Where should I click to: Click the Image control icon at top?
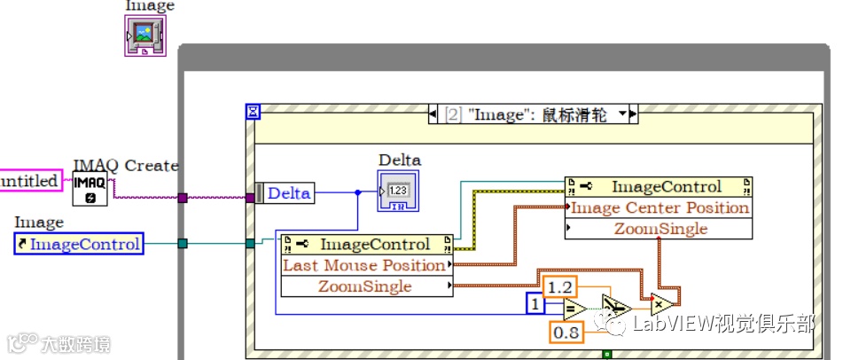click(144, 36)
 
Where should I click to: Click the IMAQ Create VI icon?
click(90, 189)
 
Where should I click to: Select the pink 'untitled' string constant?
click(30, 181)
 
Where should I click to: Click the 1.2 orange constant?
click(559, 287)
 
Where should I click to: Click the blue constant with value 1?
click(535, 303)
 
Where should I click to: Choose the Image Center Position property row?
click(660, 207)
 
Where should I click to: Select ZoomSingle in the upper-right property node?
click(660, 229)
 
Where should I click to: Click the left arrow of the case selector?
click(433, 114)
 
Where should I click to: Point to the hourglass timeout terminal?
click(254, 112)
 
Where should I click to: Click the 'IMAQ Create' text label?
click(125, 166)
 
